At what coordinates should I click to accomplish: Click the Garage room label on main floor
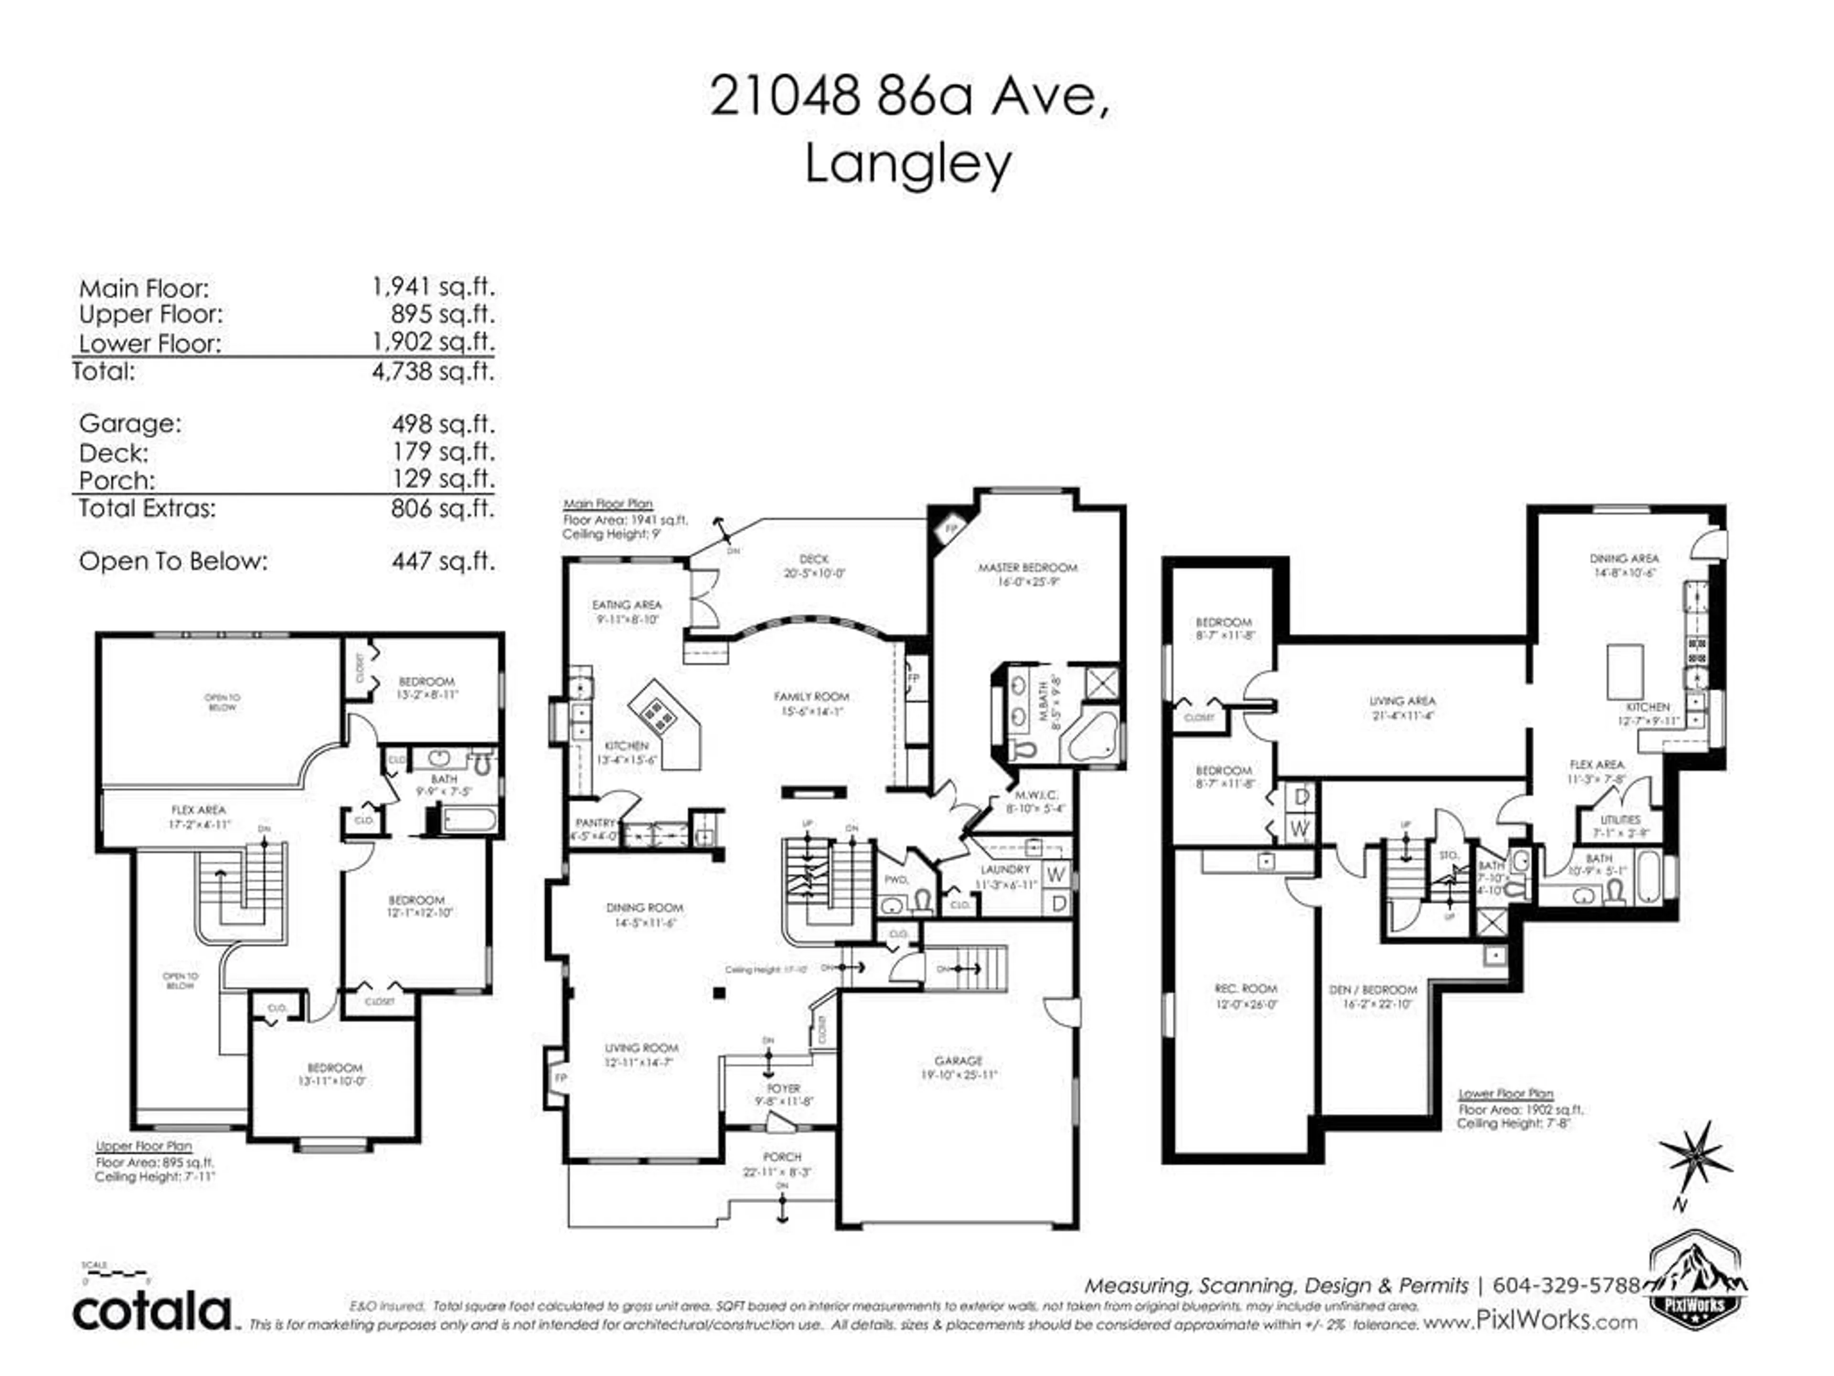click(959, 1061)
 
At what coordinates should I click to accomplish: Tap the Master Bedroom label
click(1027, 568)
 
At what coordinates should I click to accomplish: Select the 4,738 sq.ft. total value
click(433, 371)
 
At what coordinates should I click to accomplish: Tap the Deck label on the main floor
click(814, 560)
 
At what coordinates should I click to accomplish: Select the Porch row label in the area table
click(117, 480)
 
